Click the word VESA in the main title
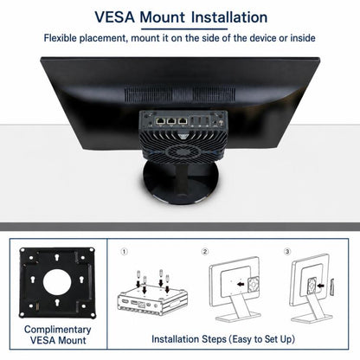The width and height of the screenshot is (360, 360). (115, 17)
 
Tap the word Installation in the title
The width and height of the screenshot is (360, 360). (229, 17)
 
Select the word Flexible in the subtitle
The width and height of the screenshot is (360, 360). (61, 38)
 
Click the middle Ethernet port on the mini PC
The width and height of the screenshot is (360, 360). (171, 121)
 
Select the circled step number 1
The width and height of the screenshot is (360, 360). (124, 252)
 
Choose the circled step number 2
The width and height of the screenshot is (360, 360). (205, 252)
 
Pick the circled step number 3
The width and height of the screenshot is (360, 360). (287, 252)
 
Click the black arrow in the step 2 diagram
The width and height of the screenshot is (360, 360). (241, 284)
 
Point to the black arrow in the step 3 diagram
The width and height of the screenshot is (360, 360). (320, 286)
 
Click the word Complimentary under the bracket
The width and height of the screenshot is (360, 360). (58, 330)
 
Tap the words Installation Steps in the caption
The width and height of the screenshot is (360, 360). (189, 339)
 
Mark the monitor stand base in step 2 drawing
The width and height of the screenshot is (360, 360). (238, 318)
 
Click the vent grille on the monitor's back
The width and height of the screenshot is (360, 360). (180, 94)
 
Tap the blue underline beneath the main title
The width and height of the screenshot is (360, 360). (184, 29)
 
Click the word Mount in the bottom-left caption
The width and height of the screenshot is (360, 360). (72, 340)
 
